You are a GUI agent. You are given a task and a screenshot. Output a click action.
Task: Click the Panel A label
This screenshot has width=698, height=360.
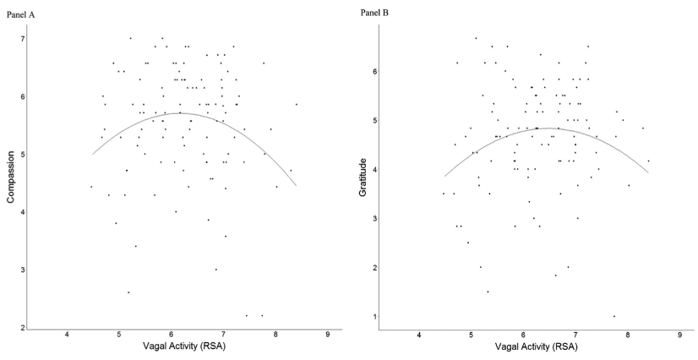[x=21, y=15]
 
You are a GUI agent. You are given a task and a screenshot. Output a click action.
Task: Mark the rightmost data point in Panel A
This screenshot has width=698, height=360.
[x=297, y=104]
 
